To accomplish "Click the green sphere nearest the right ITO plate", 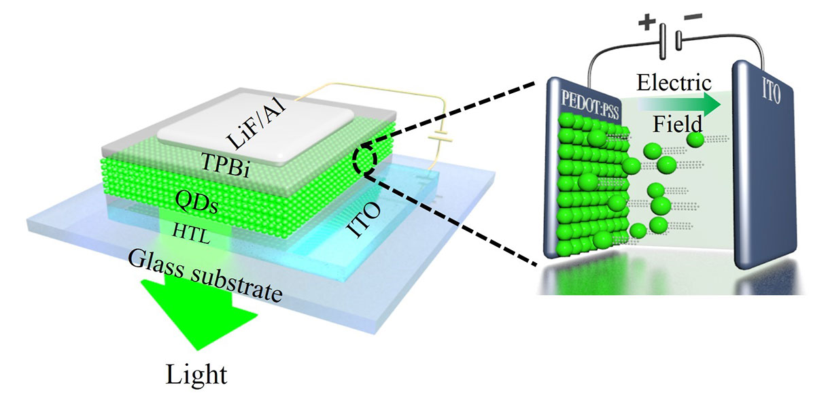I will pos(695,139).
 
